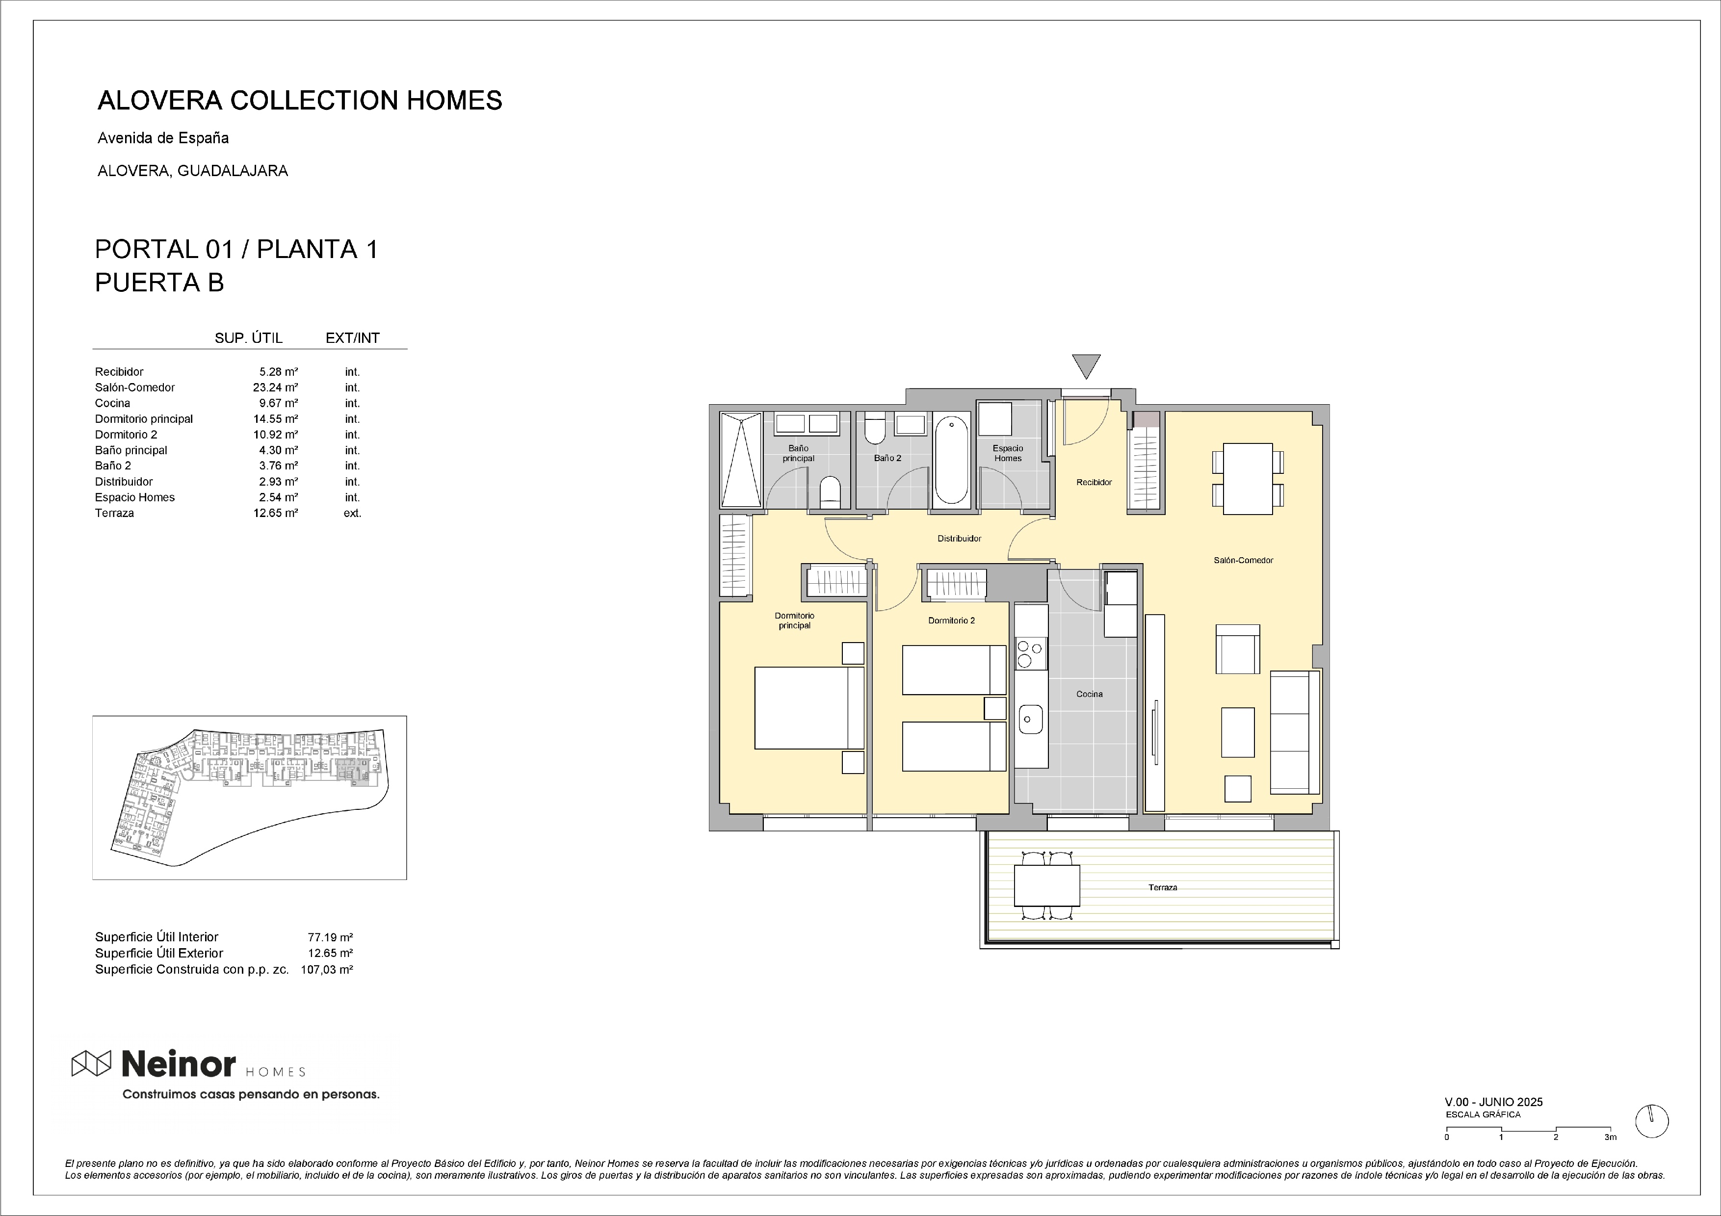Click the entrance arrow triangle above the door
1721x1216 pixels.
tap(1086, 365)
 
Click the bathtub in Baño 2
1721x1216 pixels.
tap(952, 461)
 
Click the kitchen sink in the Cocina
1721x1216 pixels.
tap(1031, 719)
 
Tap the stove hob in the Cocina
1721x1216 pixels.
tap(1031, 653)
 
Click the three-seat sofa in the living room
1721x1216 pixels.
tap(1295, 732)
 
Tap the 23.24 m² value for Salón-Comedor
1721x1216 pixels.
tap(275, 388)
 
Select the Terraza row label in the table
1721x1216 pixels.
tap(115, 513)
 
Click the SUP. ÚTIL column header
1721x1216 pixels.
tap(249, 338)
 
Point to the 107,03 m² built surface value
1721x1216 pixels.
tap(327, 969)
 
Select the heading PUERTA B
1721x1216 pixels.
tap(159, 283)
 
